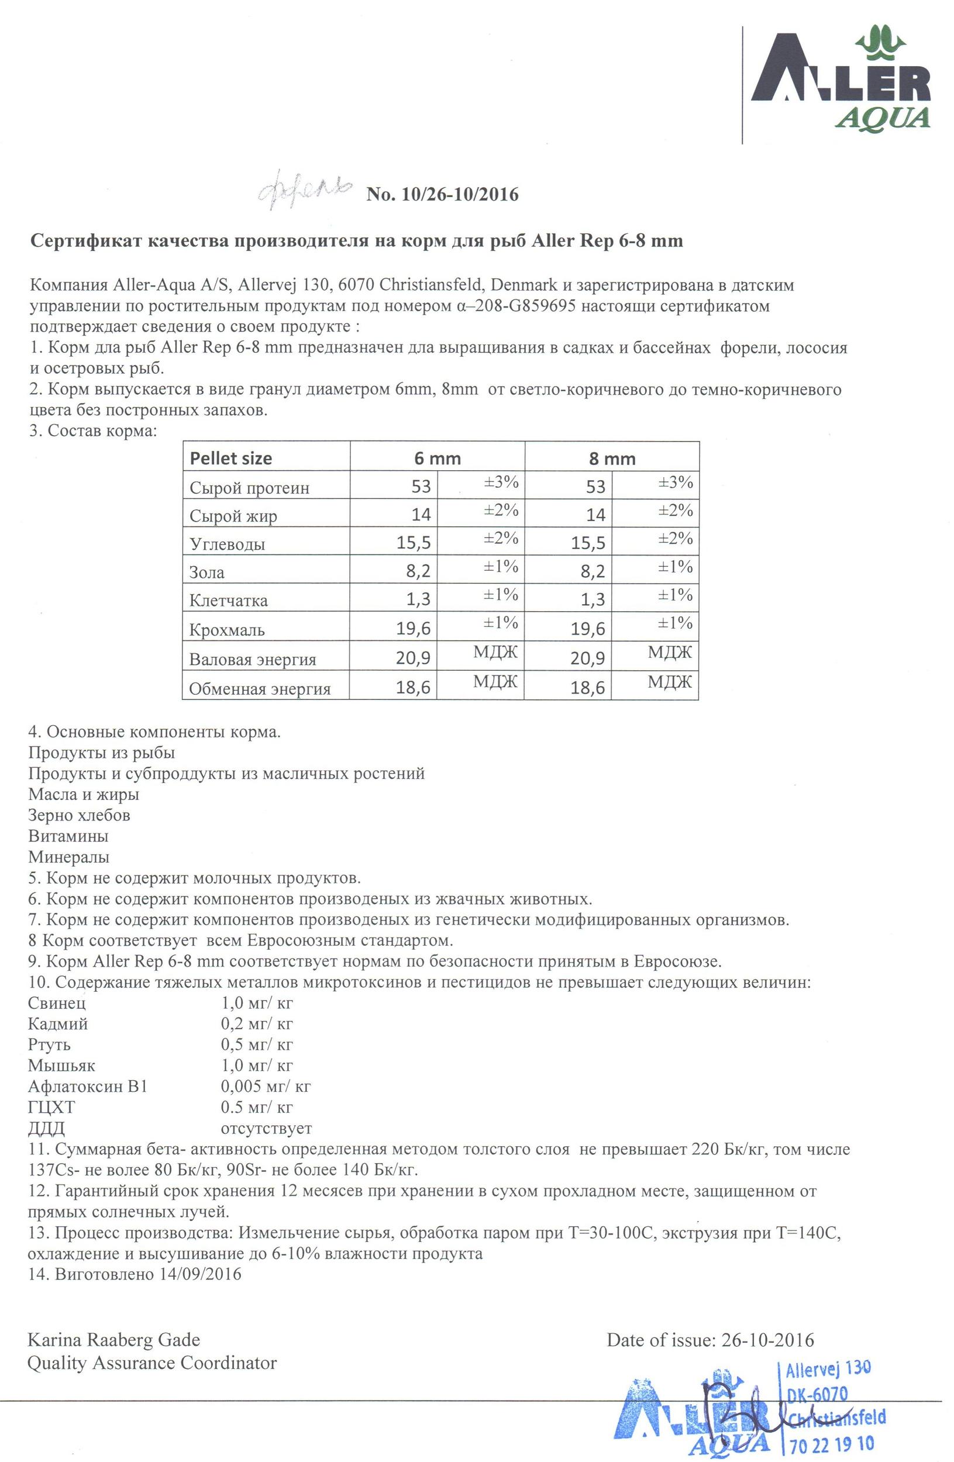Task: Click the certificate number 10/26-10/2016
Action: click(x=442, y=195)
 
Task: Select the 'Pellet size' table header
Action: click(x=231, y=458)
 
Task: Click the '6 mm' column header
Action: click(x=437, y=458)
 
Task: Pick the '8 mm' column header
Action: click(x=612, y=458)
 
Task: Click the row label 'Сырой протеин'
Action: click(x=249, y=488)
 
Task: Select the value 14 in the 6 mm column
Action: click(x=421, y=514)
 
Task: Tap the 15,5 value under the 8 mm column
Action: click(x=588, y=543)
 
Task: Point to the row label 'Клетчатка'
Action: click(x=229, y=600)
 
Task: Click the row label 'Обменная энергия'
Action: click(x=260, y=689)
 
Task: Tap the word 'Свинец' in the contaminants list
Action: click(x=57, y=1003)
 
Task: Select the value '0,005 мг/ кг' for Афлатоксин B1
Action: click(x=266, y=1086)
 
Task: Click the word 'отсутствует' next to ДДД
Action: click(x=266, y=1128)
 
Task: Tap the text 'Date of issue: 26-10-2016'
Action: click(x=710, y=1340)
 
